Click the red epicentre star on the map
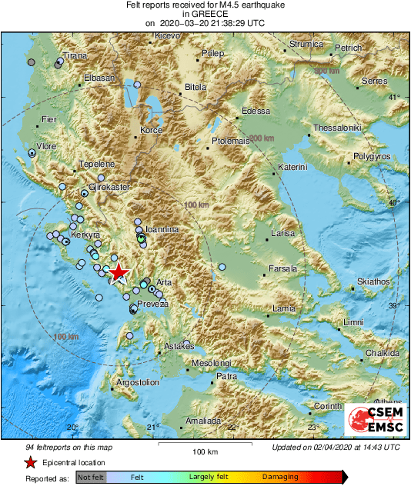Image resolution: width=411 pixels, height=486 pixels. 118,273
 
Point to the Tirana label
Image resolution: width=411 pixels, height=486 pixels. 75,56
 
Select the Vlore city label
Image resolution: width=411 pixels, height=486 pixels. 46,145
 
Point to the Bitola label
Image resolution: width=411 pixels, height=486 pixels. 196,88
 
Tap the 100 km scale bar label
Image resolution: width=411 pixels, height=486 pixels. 205,451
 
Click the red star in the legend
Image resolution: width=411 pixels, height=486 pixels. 30,463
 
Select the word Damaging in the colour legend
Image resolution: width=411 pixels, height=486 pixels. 280,478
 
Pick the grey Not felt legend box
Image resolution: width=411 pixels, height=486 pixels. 90,478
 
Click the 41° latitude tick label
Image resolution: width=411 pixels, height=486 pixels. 393,97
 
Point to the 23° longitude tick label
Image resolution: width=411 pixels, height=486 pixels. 313,427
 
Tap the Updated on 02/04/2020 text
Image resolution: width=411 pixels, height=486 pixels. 336,447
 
